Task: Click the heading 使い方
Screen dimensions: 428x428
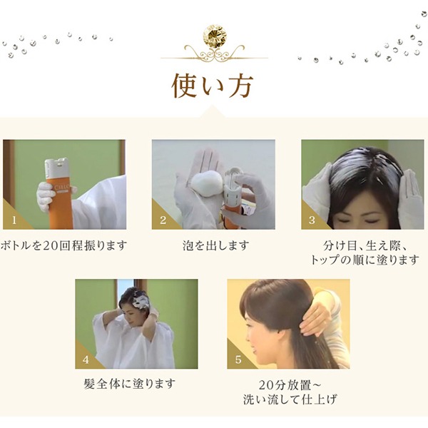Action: click(x=212, y=86)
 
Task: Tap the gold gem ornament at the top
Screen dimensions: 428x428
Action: click(x=215, y=36)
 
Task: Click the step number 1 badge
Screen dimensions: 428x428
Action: click(x=14, y=220)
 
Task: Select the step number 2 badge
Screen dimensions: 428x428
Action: click(x=163, y=220)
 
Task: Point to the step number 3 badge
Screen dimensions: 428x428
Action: click(x=312, y=220)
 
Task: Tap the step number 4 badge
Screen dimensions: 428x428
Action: click(x=86, y=360)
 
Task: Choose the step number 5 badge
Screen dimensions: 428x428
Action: click(x=238, y=360)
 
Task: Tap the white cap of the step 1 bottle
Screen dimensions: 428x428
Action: click(x=57, y=167)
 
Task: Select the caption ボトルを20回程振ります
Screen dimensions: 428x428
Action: click(x=64, y=245)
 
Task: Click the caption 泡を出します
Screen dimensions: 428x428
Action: click(x=215, y=245)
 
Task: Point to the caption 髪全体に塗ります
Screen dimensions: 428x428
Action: click(x=129, y=384)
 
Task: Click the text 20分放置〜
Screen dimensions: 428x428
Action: click(x=290, y=385)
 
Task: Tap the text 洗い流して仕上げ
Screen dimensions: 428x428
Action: click(x=290, y=399)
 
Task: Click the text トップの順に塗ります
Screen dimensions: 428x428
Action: click(x=365, y=260)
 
